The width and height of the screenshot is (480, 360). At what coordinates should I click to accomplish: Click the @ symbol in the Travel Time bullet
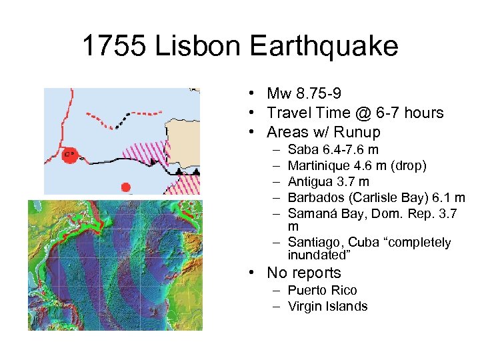click(x=359, y=113)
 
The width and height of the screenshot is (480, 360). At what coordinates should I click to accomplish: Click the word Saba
click(x=302, y=150)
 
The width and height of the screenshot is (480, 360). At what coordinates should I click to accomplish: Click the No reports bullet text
click(x=303, y=273)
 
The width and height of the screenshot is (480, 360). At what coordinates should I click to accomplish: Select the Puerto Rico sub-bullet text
click(x=322, y=290)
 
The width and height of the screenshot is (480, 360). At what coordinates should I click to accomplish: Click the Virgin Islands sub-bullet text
click(x=327, y=306)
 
